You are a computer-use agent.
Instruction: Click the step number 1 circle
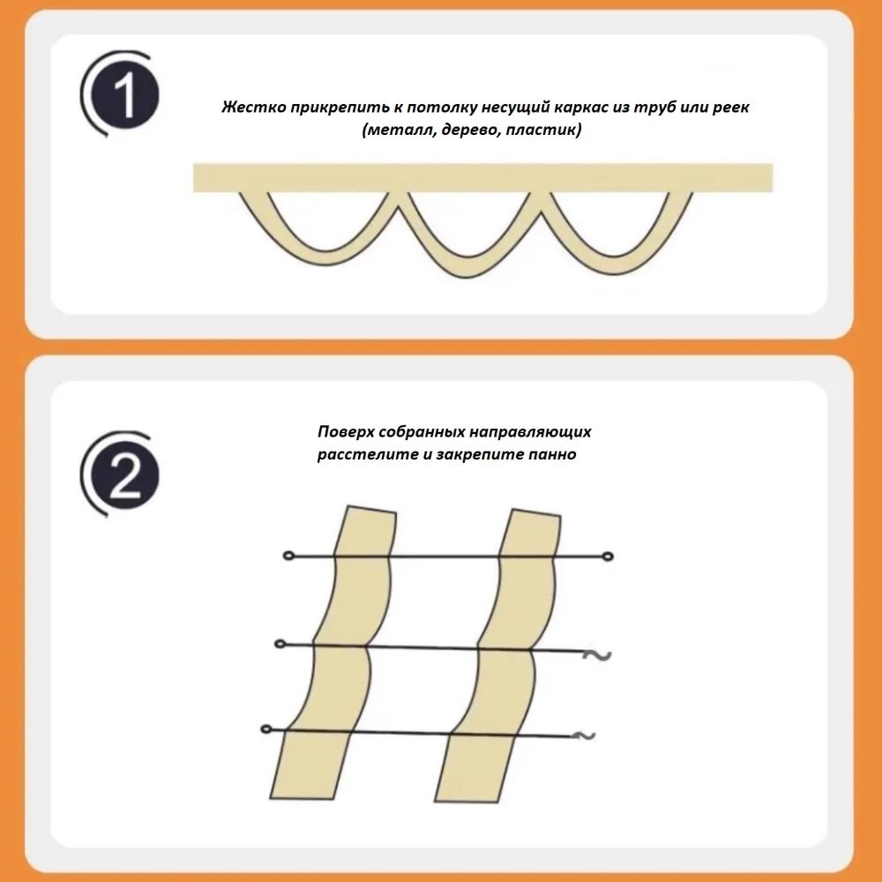[125, 94]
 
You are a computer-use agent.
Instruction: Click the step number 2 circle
[125, 475]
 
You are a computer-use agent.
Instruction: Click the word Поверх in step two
[346, 432]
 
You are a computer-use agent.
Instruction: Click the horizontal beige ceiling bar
[482, 178]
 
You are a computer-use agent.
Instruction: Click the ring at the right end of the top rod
[608, 557]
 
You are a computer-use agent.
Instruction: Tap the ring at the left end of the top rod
[289, 556]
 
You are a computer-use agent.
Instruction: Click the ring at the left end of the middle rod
[280, 644]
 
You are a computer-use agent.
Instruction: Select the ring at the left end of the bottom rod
[266, 729]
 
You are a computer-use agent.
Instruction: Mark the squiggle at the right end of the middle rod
[597, 654]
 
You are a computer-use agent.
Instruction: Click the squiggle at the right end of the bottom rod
[584, 736]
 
